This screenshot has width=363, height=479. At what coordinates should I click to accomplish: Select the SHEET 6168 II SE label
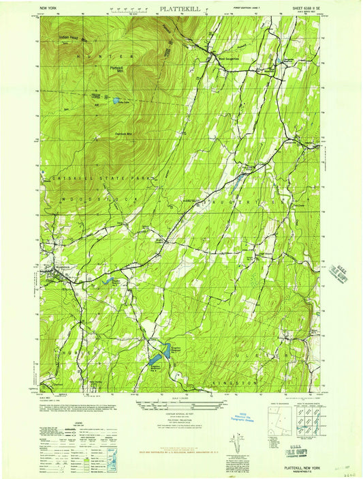coord(300,9)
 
